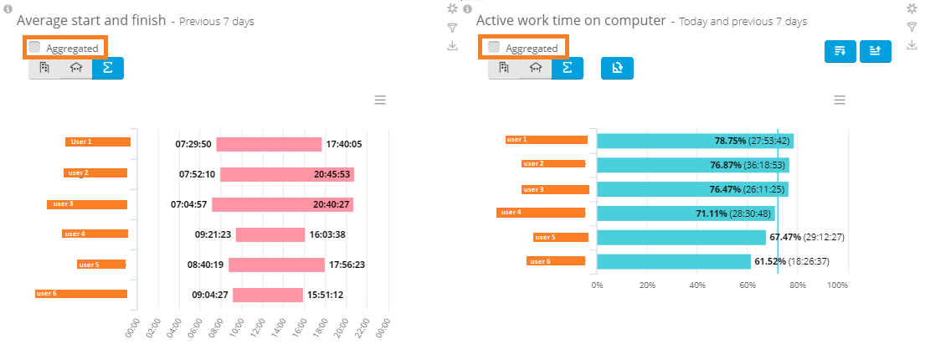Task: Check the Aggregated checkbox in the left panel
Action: point(34,48)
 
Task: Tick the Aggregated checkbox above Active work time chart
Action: point(494,48)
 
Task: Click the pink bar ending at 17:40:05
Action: point(269,144)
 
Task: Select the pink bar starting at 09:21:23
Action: point(270,234)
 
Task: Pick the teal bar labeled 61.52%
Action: point(673,261)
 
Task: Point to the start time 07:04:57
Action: point(188,204)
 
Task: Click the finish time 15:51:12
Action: point(326,295)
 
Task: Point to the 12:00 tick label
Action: point(260,327)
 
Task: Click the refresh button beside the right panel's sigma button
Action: point(617,69)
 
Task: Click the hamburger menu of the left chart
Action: point(380,100)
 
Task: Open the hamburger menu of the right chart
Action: point(840,100)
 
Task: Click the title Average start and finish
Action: point(90,20)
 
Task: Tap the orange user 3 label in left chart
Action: point(87,203)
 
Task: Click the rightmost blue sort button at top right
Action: point(875,51)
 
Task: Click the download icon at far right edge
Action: point(912,45)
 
